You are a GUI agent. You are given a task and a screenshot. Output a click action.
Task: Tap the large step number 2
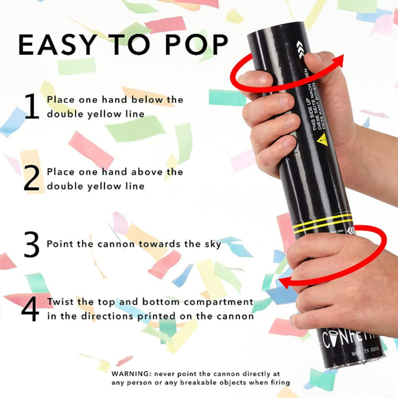pyautogui.click(x=31, y=179)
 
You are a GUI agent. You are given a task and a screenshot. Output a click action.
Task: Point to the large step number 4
pyautogui.click(x=31, y=309)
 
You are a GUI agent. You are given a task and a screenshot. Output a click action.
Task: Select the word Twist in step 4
pyautogui.click(x=59, y=302)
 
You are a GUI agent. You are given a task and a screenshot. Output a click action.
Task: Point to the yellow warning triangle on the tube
pyautogui.click(x=321, y=139)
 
